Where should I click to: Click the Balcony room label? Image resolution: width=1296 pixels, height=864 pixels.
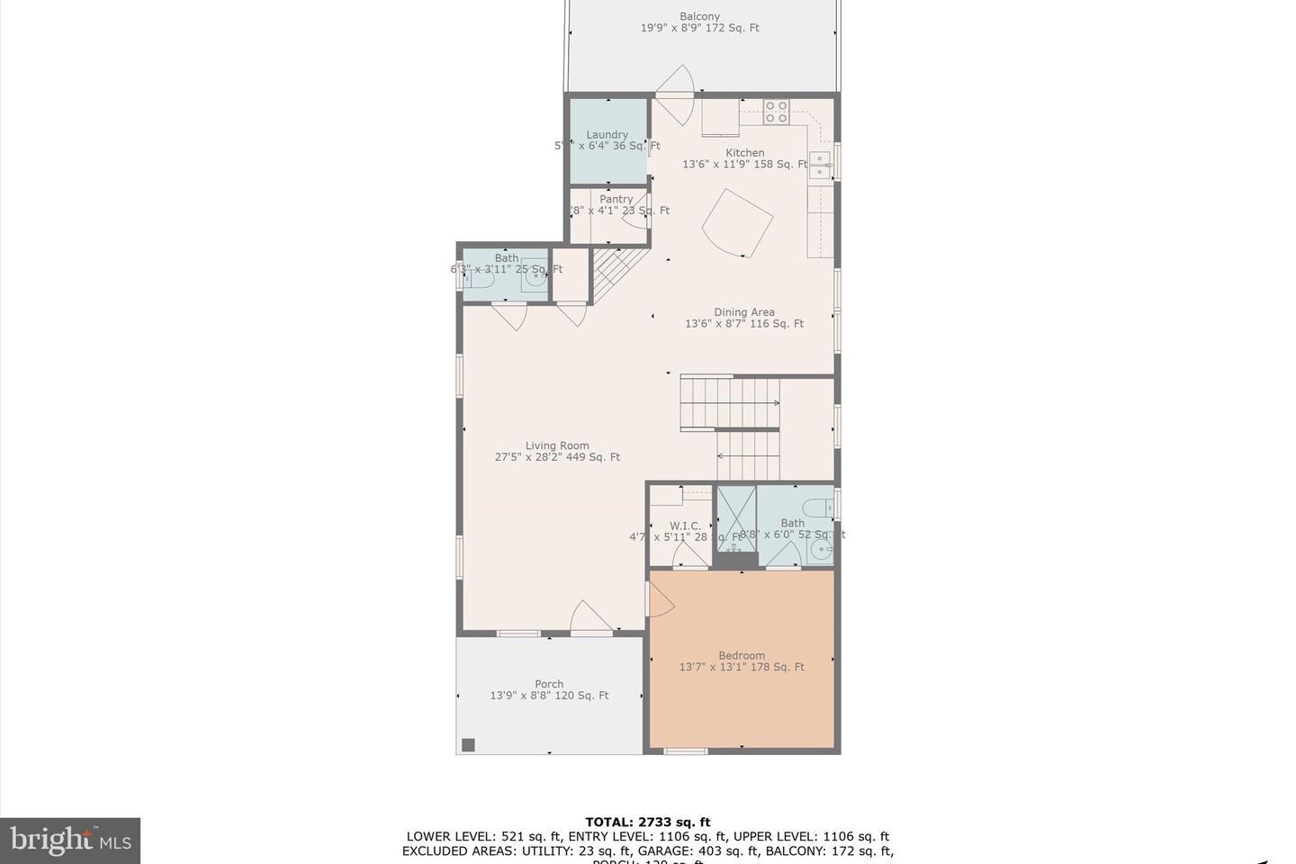pyautogui.click(x=699, y=16)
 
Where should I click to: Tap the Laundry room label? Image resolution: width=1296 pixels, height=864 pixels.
pyautogui.click(x=607, y=135)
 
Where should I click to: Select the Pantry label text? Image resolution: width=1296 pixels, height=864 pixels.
pyautogui.click(x=616, y=199)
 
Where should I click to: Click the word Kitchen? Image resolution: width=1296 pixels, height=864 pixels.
pyautogui.click(x=745, y=153)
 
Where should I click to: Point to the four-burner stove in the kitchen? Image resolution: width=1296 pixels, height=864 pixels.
pyautogui.click(x=777, y=112)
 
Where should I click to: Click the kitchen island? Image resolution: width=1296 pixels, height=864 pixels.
pyautogui.click(x=737, y=223)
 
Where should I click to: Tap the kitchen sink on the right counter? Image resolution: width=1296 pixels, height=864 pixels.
pyautogui.click(x=820, y=166)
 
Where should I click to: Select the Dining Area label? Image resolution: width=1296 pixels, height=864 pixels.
pyautogui.click(x=744, y=312)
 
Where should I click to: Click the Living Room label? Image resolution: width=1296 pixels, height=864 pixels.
pyautogui.click(x=557, y=445)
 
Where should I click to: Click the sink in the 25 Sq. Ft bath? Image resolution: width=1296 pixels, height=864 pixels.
pyautogui.click(x=535, y=280)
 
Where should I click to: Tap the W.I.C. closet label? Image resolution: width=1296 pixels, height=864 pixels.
pyautogui.click(x=685, y=526)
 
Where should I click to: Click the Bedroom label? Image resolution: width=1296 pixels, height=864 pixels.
pyautogui.click(x=742, y=655)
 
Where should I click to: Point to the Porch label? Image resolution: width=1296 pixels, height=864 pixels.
pyautogui.click(x=549, y=684)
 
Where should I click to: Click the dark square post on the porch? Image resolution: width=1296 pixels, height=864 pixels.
pyautogui.click(x=468, y=744)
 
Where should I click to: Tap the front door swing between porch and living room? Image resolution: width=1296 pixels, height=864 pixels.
pyautogui.click(x=590, y=619)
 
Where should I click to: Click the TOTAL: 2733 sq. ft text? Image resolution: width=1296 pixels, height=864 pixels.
pyautogui.click(x=647, y=822)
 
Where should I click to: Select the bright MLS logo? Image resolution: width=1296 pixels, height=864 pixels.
pyautogui.click(x=69, y=841)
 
